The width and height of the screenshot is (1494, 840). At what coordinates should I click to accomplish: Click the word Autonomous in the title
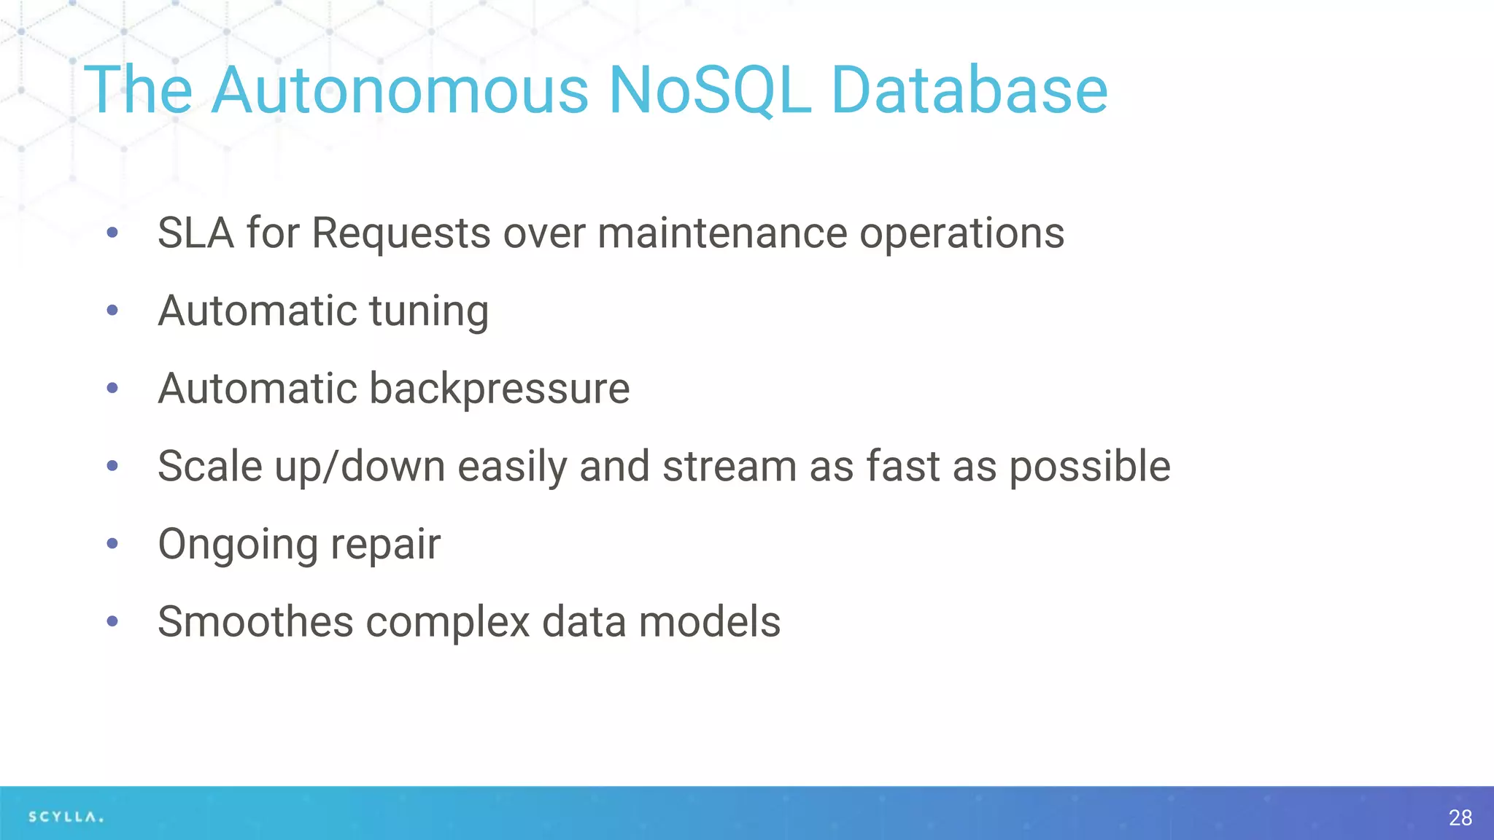pyautogui.click(x=399, y=90)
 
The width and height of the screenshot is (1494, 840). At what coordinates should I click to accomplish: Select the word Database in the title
pyautogui.click(x=969, y=90)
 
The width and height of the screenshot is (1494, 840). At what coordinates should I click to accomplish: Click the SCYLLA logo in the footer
pyautogui.click(x=66, y=817)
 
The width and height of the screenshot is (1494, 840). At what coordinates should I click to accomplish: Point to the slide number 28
pyautogui.click(x=1460, y=817)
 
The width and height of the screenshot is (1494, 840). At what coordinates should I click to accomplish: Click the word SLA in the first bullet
pyautogui.click(x=196, y=233)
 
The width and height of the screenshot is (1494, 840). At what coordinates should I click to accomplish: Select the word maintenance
pyautogui.click(x=721, y=233)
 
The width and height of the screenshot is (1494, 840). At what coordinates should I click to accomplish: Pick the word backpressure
pyautogui.click(x=499, y=389)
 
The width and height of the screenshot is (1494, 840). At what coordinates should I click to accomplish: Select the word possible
pyautogui.click(x=1090, y=467)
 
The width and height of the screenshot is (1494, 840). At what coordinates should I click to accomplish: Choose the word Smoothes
pyautogui.click(x=255, y=622)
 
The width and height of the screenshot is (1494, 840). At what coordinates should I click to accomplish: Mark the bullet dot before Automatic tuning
pyautogui.click(x=112, y=311)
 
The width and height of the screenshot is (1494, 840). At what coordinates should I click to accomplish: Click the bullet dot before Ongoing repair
pyautogui.click(x=112, y=543)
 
